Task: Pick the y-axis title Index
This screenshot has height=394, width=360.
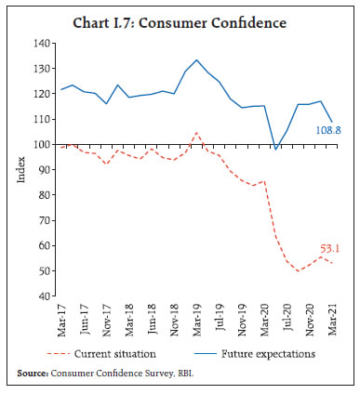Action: [x=20, y=170]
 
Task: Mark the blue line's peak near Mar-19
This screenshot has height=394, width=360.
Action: [x=196, y=60]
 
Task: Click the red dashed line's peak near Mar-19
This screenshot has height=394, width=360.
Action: [x=196, y=133]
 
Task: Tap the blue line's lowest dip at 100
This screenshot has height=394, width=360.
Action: [x=275, y=147]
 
